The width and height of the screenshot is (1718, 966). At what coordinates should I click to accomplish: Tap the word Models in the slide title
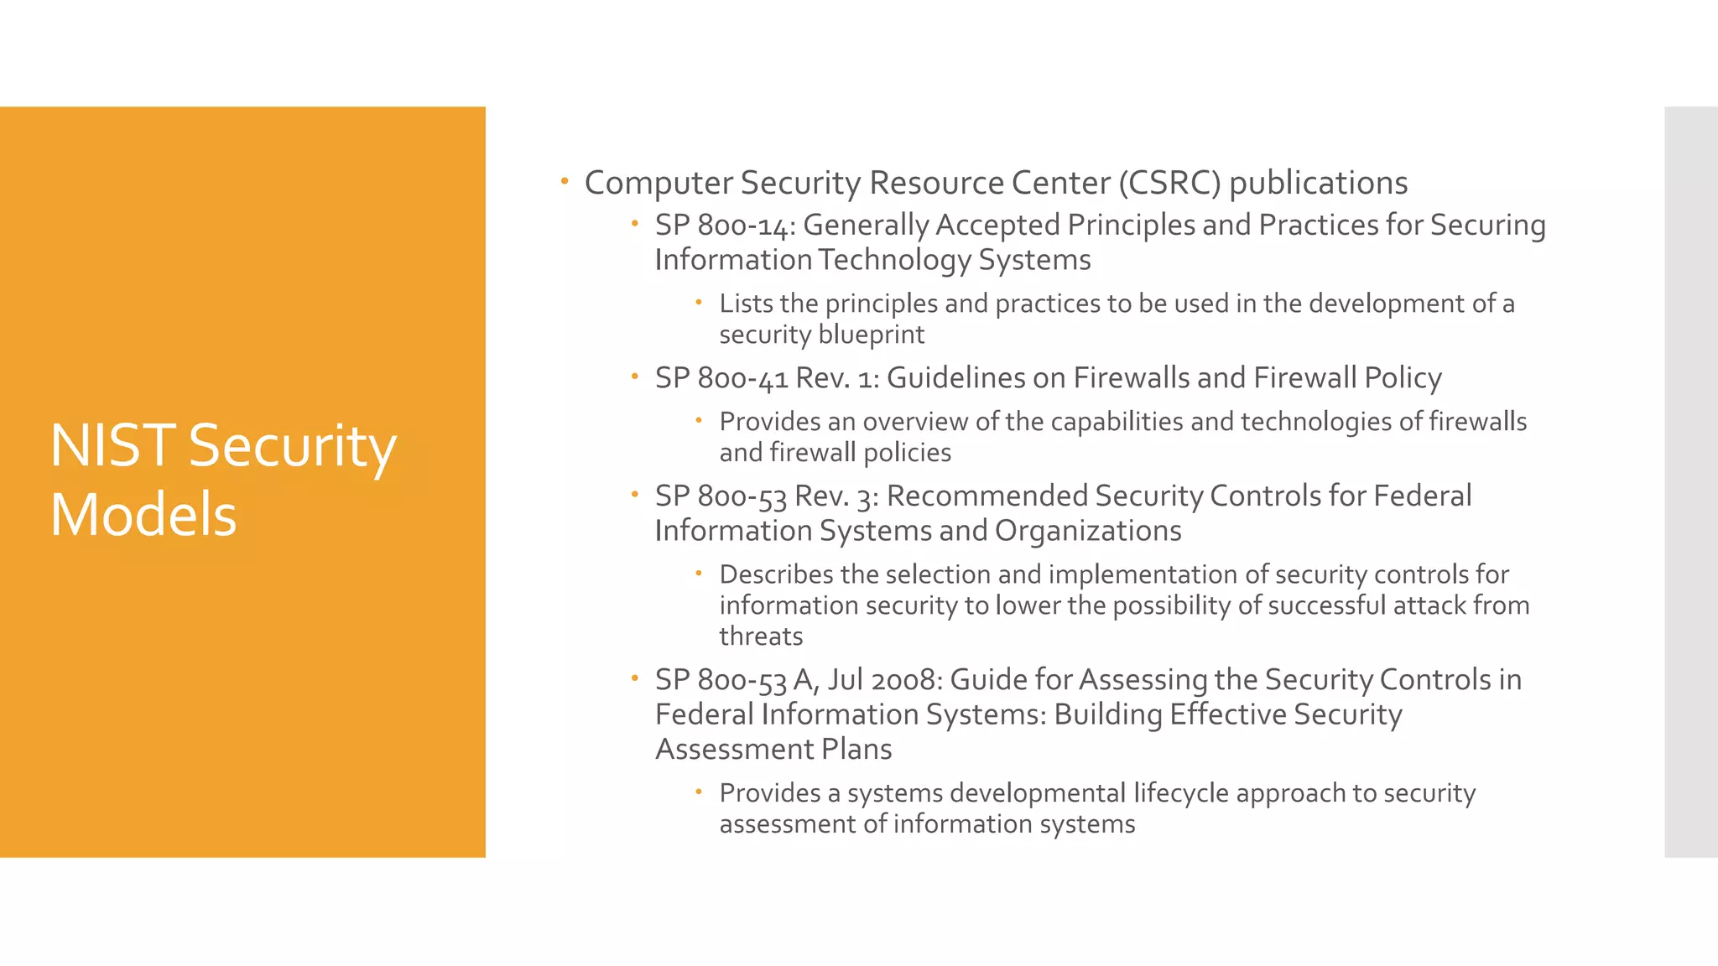pyautogui.click(x=143, y=515)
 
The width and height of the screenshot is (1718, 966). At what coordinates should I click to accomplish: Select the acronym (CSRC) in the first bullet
pyautogui.click(x=1169, y=183)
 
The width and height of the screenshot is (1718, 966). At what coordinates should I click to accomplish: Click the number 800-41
pyautogui.click(x=742, y=378)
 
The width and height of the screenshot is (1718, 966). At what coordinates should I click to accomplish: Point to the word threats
pyautogui.click(x=761, y=636)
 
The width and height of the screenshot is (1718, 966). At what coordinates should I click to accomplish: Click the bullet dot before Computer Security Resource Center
pyautogui.click(x=565, y=181)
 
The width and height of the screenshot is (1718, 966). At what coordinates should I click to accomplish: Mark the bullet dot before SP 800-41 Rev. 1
pyautogui.click(x=635, y=377)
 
